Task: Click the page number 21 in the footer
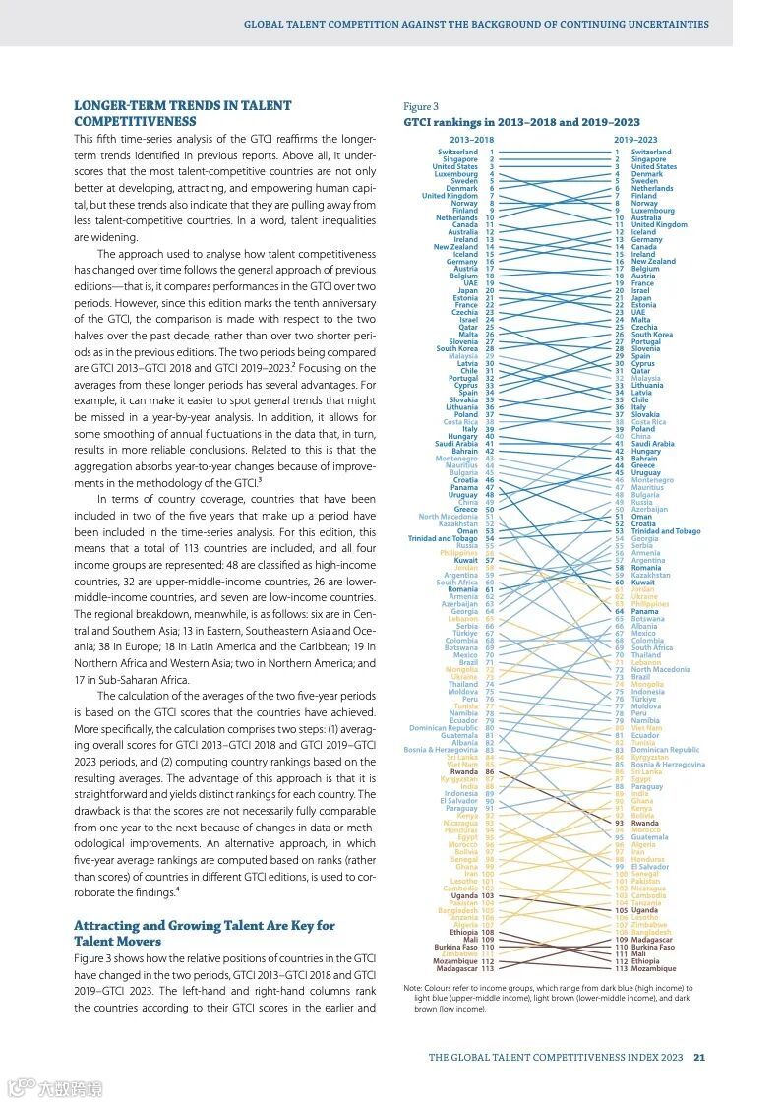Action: (x=699, y=1058)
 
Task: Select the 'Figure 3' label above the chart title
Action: (x=420, y=106)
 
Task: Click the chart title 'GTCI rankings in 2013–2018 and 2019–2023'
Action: (x=521, y=123)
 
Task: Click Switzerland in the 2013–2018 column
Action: (x=457, y=153)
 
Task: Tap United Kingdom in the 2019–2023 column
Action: (x=659, y=225)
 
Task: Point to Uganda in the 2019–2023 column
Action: (x=644, y=910)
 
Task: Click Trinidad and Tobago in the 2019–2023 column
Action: (x=666, y=531)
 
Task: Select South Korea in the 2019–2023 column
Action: (x=652, y=335)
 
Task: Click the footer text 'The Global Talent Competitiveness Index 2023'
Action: (x=556, y=1058)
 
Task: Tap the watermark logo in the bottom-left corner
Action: (x=54, y=1088)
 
